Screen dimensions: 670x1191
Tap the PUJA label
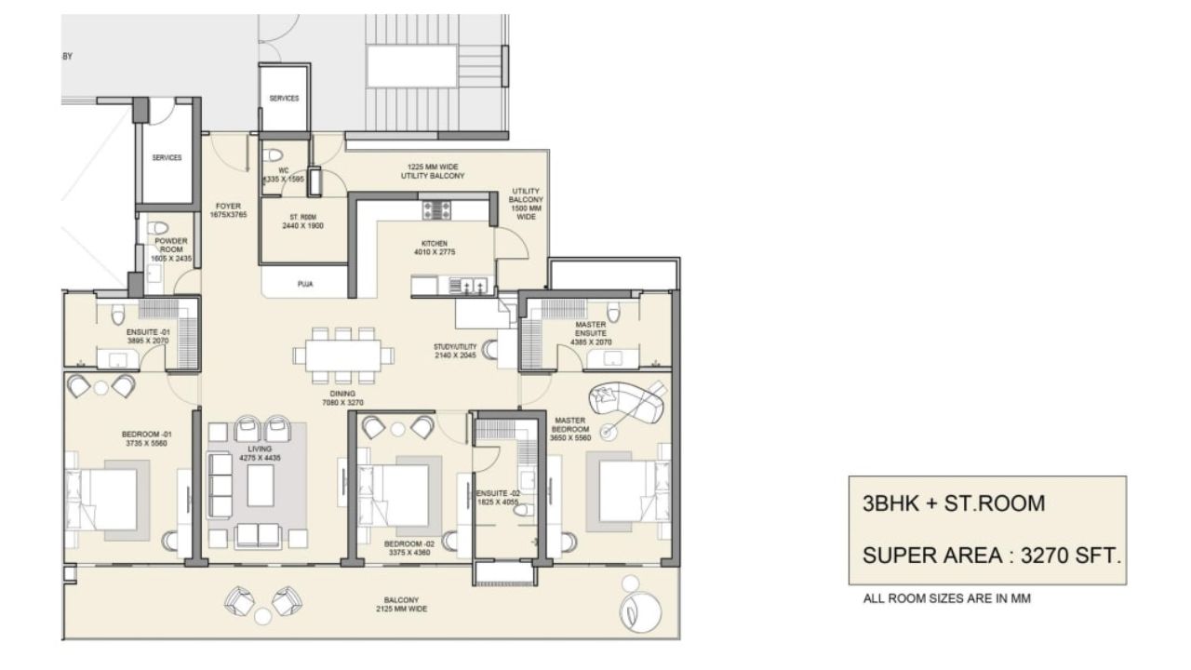(x=304, y=285)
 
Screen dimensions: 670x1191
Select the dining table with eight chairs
(x=337, y=355)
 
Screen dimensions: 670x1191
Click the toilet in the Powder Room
(x=157, y=228)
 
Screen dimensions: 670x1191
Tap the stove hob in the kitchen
(x=436, y=210)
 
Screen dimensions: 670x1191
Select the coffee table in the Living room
(x=261, y=486)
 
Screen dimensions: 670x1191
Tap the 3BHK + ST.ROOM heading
(x=954, y=503)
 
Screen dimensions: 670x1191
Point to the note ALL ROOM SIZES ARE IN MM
(x=947, y=599)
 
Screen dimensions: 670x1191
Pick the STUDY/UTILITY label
(x=455, y=351)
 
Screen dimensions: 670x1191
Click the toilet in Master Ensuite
(x=611, y=311)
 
